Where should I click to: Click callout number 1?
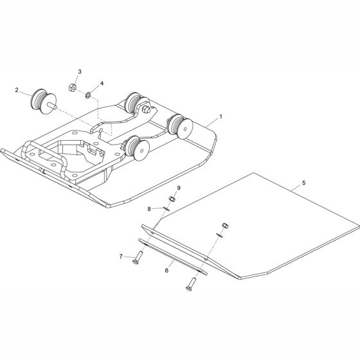click(221, 116)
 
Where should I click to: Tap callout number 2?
click(17, 90)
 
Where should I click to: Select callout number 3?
click(80, 71)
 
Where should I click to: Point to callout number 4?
click(102, 83)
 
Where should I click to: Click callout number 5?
click(303, 183)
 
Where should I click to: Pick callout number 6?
click(166, 270)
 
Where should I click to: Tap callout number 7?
click(121, 256)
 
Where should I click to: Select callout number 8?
click(149, 209)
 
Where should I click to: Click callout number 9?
click(179, 188)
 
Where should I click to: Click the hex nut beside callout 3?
click(72, 87)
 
